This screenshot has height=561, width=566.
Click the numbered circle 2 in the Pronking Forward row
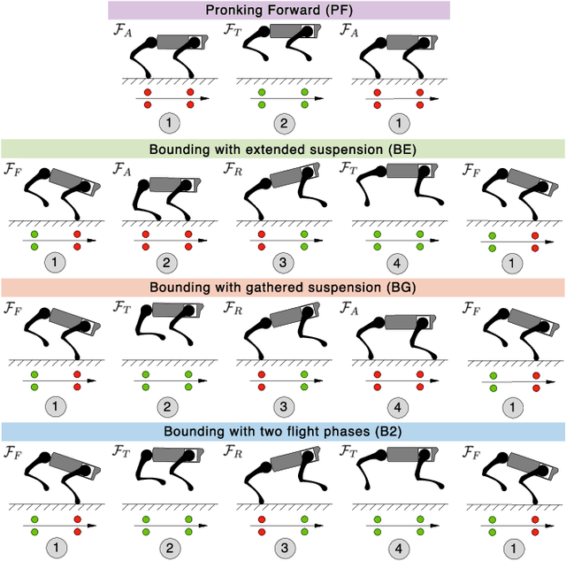pyautogui.click(x=282, y=123)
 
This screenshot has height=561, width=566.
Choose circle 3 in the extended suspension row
pyautogui.click(x=282, y=263)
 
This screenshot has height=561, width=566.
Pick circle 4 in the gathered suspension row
pyautogui.click(x=397, y=406)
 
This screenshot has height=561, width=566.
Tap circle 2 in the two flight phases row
pyautogui.click(x=167, y=546)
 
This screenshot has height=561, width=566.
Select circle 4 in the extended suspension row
pyautogui.click(x=397, y=263)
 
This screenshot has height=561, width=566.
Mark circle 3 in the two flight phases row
pyautogui.click(x=282, y=546)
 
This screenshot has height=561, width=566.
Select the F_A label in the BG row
pyautogui.click(x=348, y=308)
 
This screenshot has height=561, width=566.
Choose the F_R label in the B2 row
pyautogui.click(x=233, y=451)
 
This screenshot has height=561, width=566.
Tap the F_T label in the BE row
pyautogui.click(x=348, y=168)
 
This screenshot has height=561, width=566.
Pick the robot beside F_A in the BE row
pyautogui.click(x=168, y=195)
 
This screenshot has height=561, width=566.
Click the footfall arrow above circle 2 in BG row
pyautogui.click(x=168, y=380)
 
